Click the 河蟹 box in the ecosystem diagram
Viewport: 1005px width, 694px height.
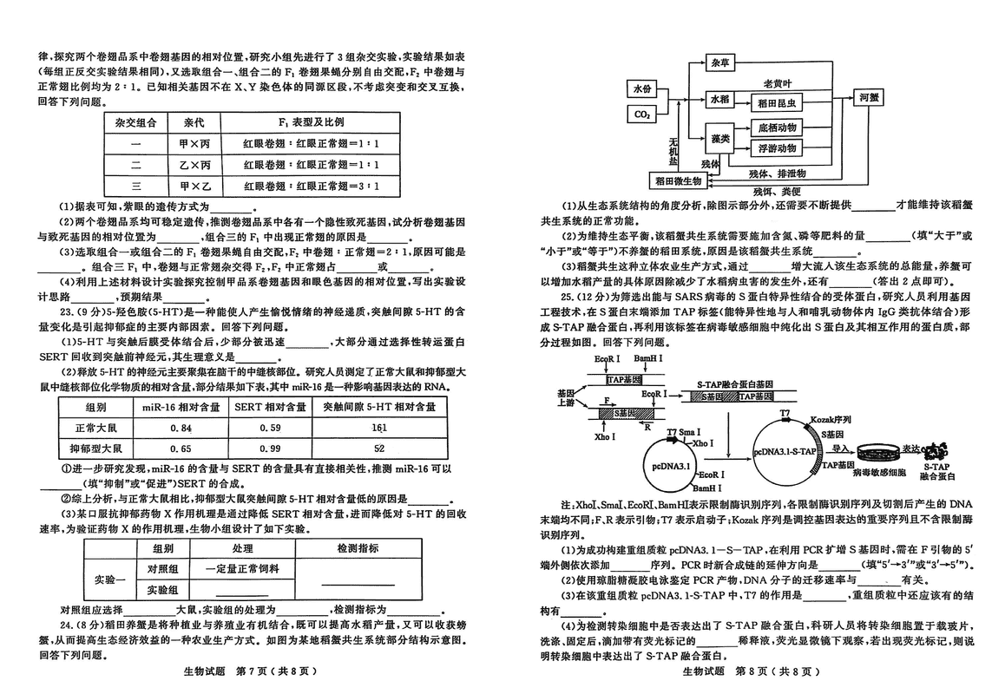[x=868, y=98]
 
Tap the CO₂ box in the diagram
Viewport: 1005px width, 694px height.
[x=643, y=115]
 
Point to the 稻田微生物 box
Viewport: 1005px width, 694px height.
[x=685, y=180]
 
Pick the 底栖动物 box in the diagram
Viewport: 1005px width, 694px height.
[x=777, y=127]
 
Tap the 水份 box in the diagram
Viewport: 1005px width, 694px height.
[x=642, y=89]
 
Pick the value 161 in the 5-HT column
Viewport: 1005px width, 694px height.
[x=379, y=428]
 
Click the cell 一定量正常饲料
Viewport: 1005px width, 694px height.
[x=242, y=569]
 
